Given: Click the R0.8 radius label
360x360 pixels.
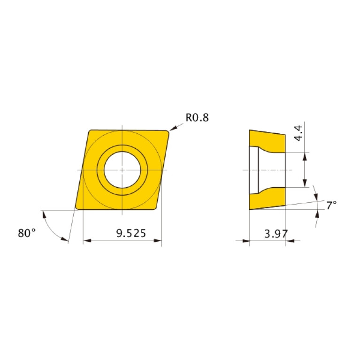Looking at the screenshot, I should (x=197, y=117).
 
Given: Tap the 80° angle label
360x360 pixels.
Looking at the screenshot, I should (x=27, y=233).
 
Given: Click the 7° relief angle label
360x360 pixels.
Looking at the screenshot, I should (x=331, y=205).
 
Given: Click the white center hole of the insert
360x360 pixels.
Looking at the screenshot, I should (x=122, y=169).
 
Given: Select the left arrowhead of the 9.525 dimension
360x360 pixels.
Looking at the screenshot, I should (x=86, y=241).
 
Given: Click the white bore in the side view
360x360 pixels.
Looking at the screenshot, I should (x=272, y=169).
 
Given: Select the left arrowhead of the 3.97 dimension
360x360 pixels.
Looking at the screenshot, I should (x=246, y=241).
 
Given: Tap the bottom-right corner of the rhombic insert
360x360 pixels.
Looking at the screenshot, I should (x=155, y=208).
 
